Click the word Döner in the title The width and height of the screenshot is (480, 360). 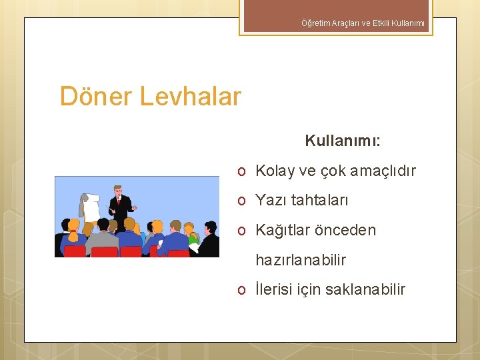(x=97, y=97)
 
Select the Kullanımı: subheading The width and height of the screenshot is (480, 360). (x=343, y=141)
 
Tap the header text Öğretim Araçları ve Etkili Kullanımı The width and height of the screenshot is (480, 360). (x=363, y=24)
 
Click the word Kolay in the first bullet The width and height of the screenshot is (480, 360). (x=275, y=171)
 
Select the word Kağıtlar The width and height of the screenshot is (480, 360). (x=282, y=231)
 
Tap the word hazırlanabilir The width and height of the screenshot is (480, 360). (x=301, y=260)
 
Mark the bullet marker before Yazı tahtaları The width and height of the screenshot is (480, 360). (x=244, y=201)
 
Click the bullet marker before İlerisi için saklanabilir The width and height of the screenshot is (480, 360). (x=244, y=290)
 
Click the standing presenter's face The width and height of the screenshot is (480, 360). (x=118, y=191)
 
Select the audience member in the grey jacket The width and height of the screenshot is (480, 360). (x=102, y=237)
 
